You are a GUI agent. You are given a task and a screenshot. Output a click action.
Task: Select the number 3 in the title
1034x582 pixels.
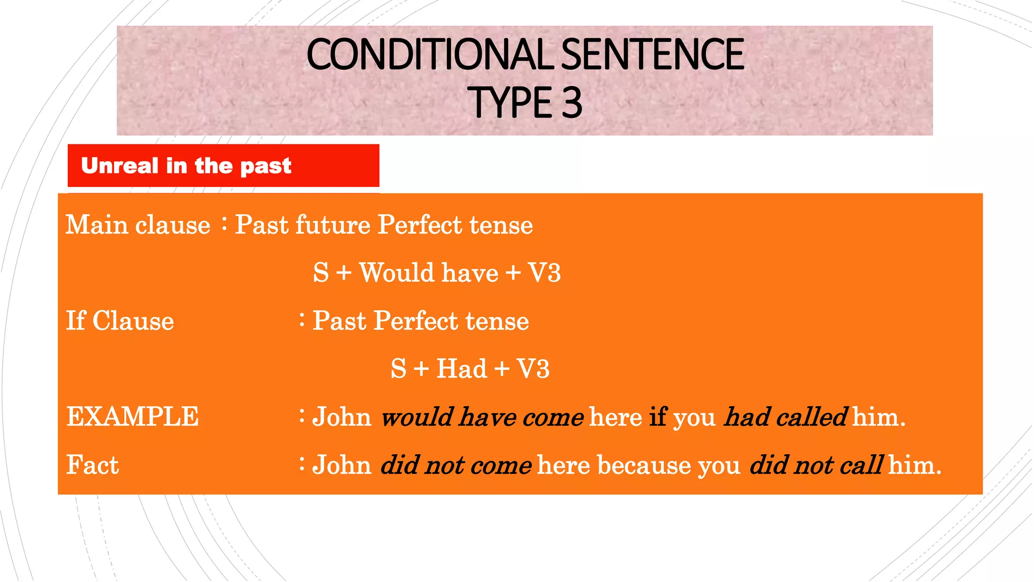(572, 103)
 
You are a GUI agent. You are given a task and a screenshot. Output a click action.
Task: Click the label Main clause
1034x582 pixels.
(138, 225)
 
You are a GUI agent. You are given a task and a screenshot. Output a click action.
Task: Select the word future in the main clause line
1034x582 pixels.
(333, 225)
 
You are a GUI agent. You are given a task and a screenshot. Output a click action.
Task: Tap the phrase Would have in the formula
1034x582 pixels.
(429, 273)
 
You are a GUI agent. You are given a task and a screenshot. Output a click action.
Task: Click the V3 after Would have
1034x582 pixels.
(544, 273)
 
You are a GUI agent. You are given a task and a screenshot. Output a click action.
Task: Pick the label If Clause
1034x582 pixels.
(120, 321)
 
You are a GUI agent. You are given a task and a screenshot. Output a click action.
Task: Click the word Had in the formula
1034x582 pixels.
(461, 369)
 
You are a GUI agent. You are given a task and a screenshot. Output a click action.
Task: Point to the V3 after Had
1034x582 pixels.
(533, 369)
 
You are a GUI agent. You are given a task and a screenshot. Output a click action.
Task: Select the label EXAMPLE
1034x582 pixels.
(132, 417)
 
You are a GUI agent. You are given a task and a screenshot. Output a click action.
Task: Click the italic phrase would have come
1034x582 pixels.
(482, 417)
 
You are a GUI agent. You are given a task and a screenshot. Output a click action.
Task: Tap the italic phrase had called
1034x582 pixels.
(785, 417)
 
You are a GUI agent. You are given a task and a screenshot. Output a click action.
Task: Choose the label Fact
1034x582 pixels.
(92, 465)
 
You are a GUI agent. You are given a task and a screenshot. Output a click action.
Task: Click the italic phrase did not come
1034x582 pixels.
(456, 465)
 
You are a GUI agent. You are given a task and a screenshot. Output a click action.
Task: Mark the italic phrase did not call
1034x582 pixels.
(816, 465)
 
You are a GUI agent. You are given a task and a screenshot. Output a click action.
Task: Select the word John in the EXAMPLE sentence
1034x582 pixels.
(342, 417)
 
